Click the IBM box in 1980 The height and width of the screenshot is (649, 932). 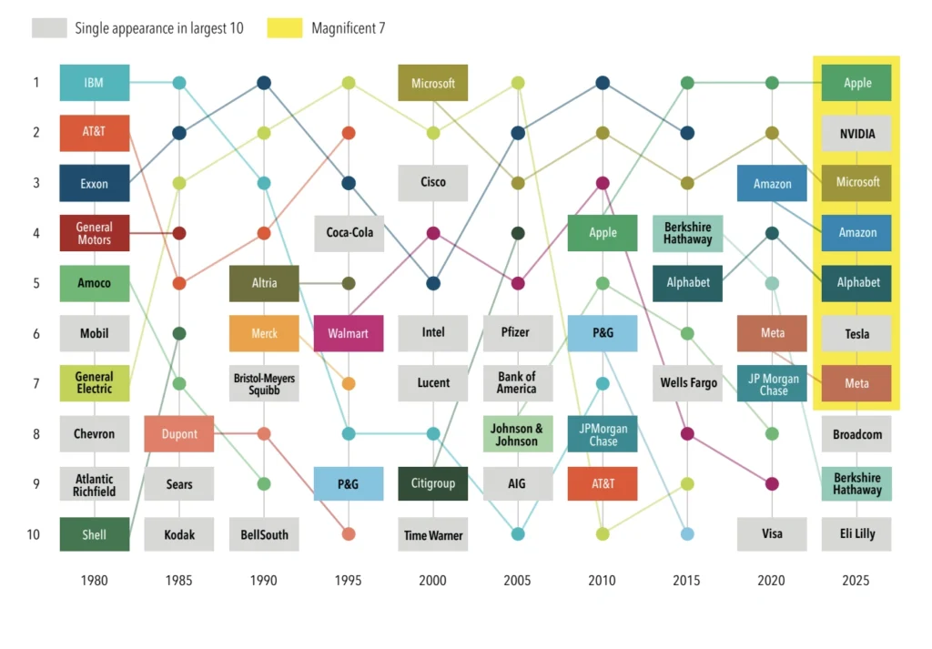94,83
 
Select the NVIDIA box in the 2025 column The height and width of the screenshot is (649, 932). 856,134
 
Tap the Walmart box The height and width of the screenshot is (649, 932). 348,333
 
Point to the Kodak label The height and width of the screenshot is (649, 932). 179,534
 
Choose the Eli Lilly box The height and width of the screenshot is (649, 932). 856,533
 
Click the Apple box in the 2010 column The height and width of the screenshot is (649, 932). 603,233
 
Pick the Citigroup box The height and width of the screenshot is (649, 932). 433,483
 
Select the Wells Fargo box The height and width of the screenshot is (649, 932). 688,383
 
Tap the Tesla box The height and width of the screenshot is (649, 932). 856,333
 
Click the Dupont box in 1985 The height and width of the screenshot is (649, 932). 179,433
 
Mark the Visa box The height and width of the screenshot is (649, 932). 772,534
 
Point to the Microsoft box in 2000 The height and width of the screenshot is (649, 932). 433,83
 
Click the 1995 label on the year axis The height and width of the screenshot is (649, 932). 348,580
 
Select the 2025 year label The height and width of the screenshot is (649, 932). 856,580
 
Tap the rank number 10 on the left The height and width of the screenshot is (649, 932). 33,534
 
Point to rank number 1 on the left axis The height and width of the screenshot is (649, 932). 36,83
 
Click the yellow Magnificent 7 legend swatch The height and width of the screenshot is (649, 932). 284,28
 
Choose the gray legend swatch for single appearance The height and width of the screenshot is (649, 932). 49,28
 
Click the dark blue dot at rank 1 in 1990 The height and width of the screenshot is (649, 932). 264,83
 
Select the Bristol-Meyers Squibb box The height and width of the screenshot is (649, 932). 264,383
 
